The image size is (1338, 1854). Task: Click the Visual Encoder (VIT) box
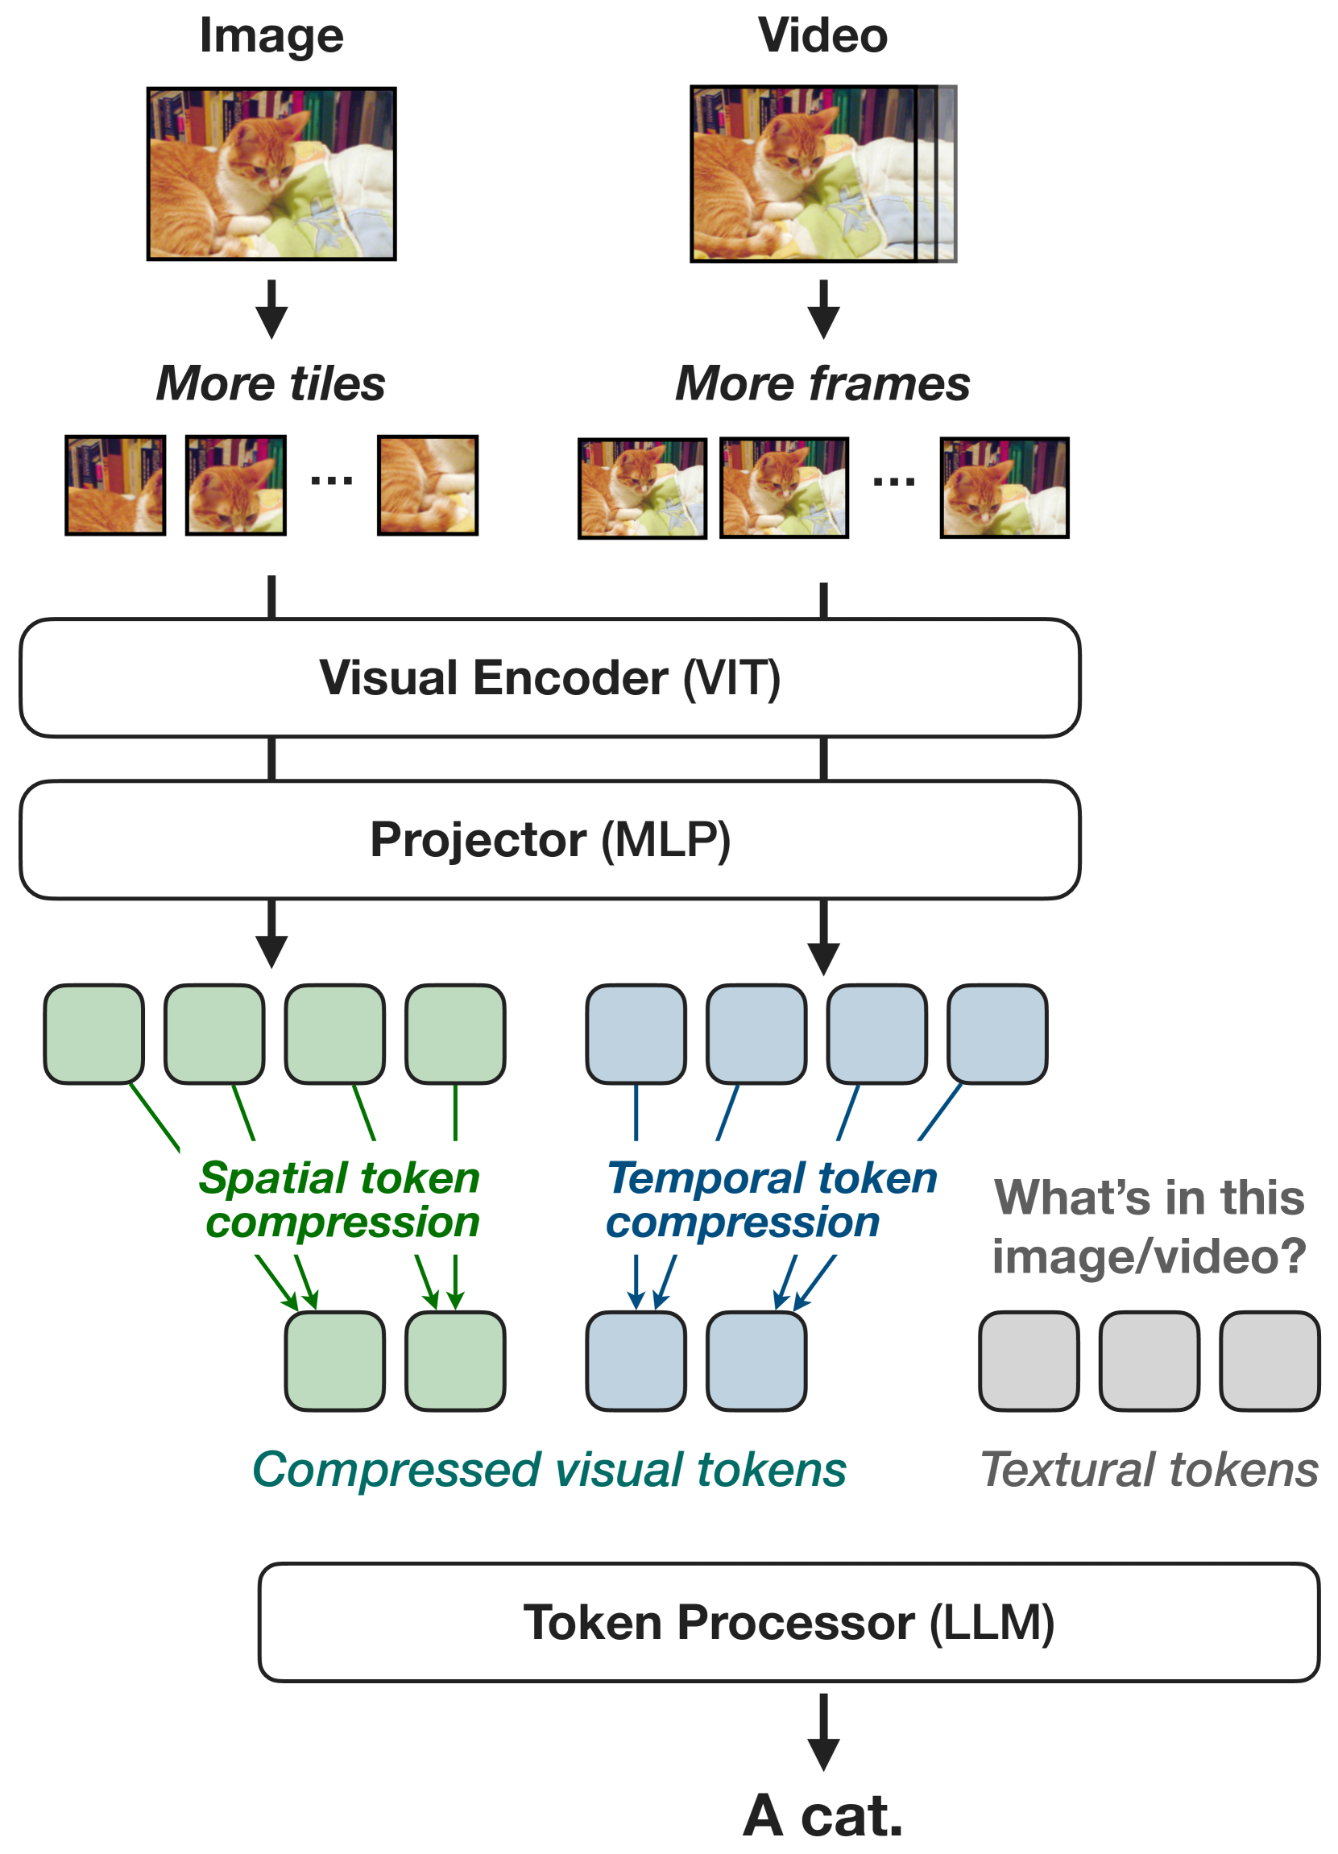549,677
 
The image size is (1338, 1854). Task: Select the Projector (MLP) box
549,839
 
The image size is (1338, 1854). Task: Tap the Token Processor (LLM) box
789,1622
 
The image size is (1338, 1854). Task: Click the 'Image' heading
271,38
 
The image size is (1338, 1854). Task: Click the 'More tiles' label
271,383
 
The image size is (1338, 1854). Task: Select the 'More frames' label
822,383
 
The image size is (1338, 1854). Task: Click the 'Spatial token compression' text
339,1201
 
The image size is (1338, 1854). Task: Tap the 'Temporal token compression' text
771,1201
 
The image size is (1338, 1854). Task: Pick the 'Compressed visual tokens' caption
549,1469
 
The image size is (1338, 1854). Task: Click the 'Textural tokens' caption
1149,1469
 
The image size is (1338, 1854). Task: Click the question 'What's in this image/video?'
1149,1226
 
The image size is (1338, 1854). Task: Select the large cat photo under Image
271,174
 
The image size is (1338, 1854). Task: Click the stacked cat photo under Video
822,174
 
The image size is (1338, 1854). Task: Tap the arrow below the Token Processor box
823,1732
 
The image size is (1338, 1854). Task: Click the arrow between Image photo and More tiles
271,309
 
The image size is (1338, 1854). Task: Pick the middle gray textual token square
1149,1361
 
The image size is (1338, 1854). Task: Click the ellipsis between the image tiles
331,481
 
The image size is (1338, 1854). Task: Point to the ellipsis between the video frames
894,481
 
